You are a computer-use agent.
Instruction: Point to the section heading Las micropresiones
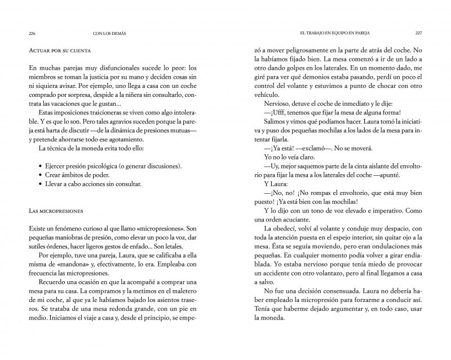55,211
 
